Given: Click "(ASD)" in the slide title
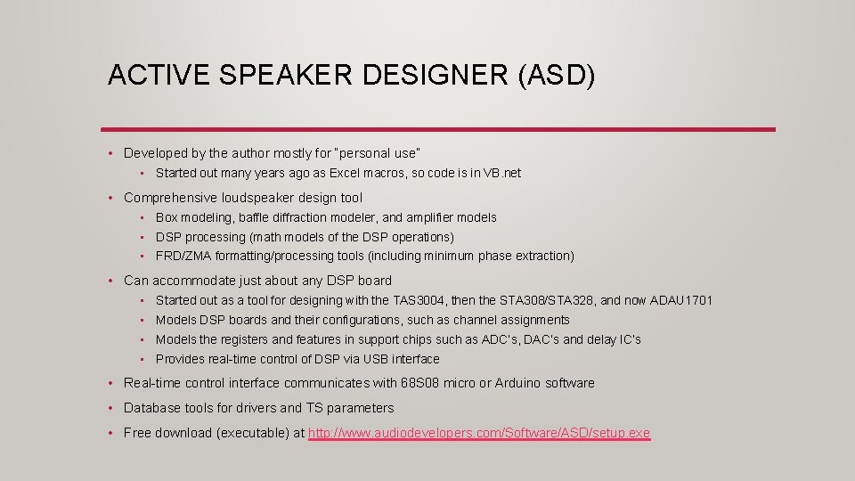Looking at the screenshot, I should point(556,75).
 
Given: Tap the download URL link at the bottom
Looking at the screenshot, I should point(479,434).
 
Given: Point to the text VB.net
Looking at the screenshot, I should point(501,173).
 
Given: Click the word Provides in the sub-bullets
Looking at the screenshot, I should point(180,359).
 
